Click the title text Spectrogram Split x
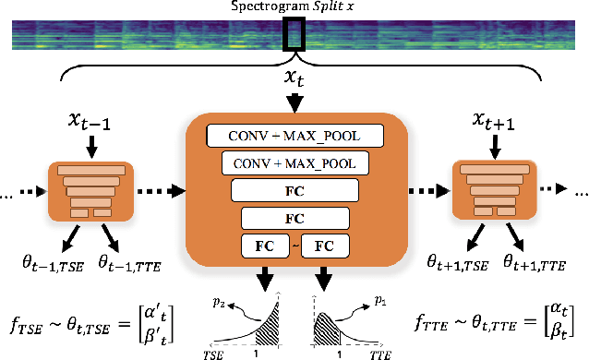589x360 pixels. coord(294,6)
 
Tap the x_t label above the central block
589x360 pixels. coord(294,86)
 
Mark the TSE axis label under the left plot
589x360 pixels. coord(214,352)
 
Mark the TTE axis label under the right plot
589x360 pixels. coord(379,352)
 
